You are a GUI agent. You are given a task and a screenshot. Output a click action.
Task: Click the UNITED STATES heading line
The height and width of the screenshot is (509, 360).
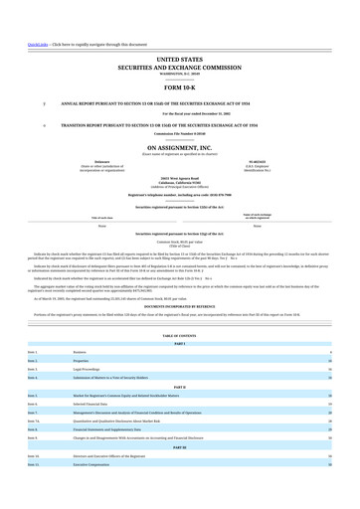click(x=179, y=61)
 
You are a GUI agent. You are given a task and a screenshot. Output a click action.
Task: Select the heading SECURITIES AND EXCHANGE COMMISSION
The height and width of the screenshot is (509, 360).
click(x=179, y=68)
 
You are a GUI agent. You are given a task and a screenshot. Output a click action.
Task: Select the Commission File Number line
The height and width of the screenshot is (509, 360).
click(x=179, y=134)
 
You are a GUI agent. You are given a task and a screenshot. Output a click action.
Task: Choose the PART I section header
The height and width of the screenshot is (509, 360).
click(x=179, y=344)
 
